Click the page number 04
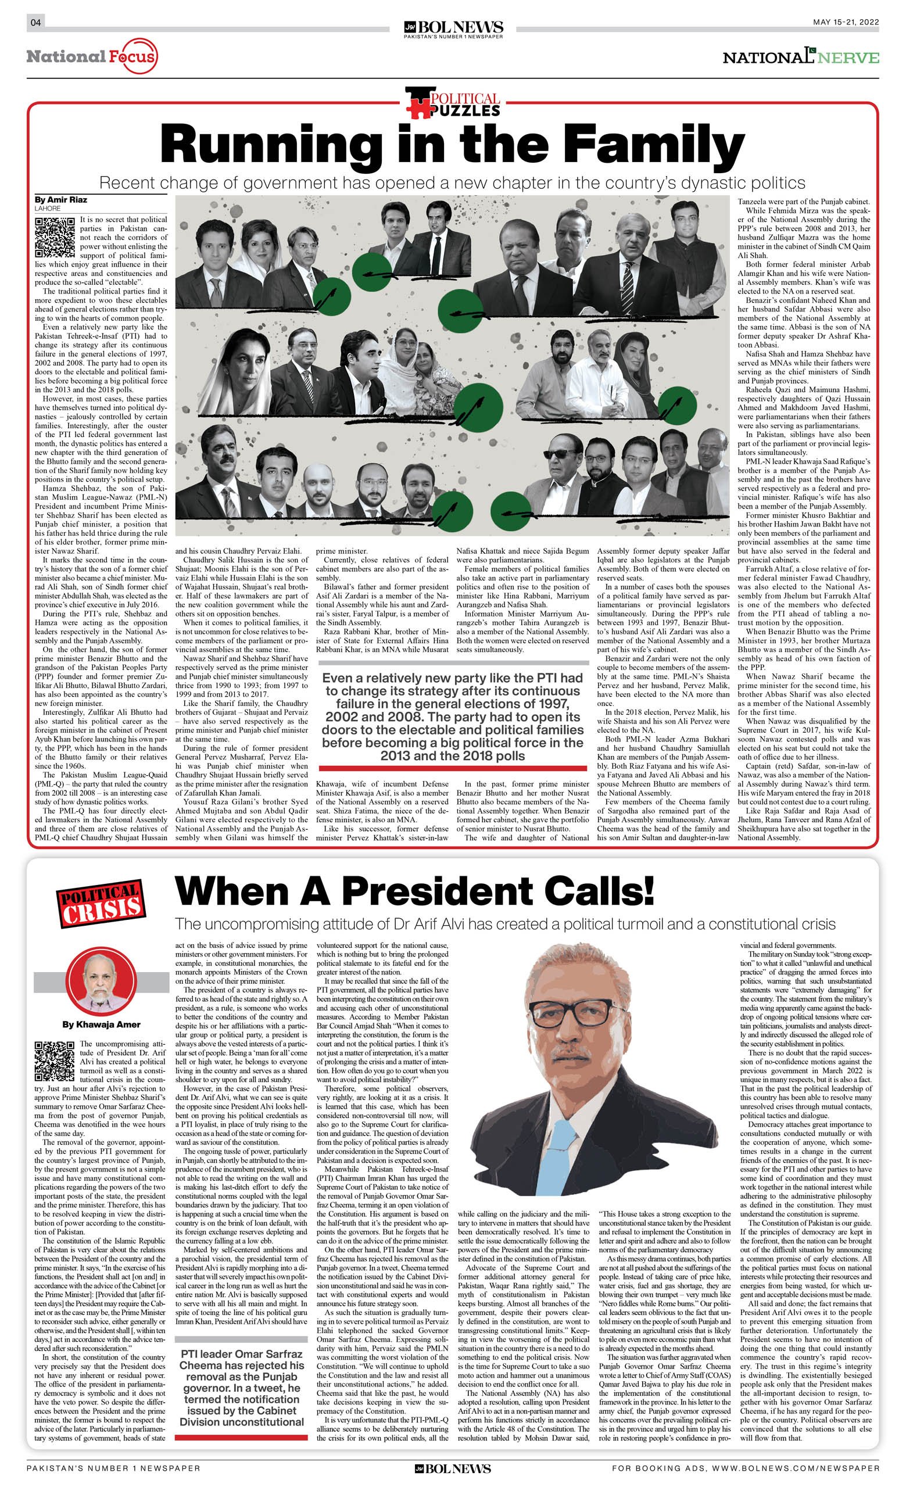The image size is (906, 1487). (x=35, y=23)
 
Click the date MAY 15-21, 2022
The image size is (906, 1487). (x=845, y=22)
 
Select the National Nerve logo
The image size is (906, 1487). (x=801, y=58)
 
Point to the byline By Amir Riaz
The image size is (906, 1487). (x=56, y=200)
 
